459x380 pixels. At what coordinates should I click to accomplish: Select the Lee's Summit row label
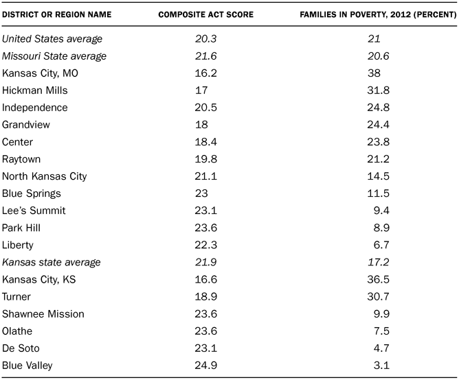pos(34,211)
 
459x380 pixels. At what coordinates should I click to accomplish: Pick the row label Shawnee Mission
pos(43,313)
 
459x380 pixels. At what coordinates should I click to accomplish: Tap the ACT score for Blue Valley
pos(204,365)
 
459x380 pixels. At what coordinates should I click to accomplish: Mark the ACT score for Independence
pos(204,108)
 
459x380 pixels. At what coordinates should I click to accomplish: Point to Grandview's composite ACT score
pos(200,125)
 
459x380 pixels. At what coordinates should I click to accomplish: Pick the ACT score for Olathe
pos(204,331)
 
